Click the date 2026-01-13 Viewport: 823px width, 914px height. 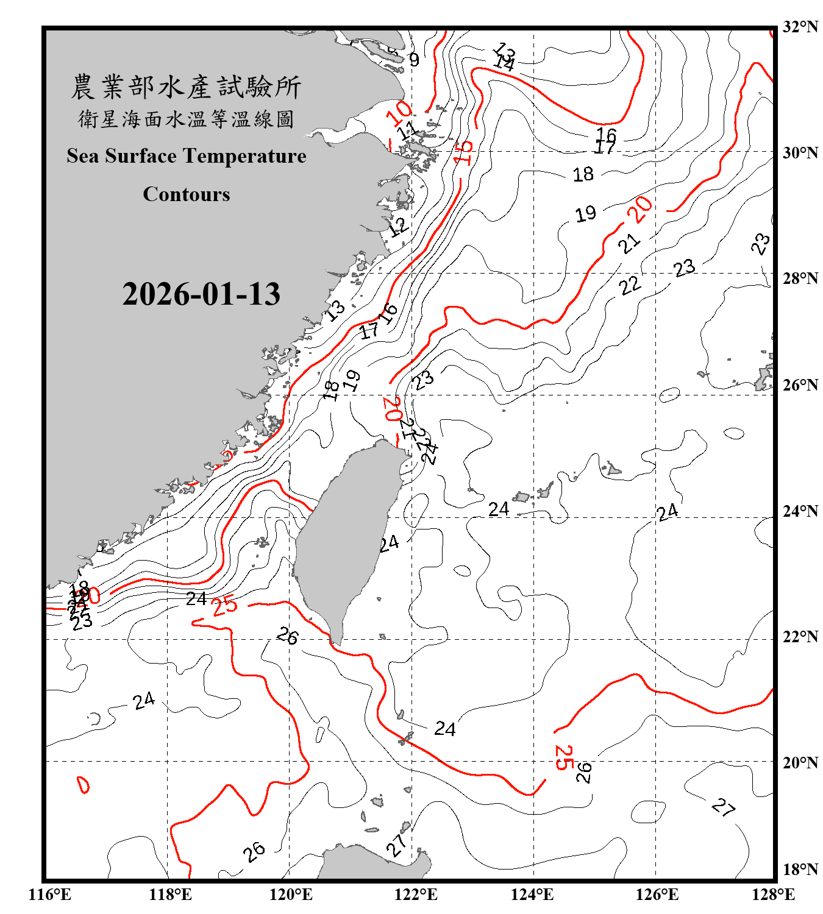[x=201, y=294]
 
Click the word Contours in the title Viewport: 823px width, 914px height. [x=187, y=194]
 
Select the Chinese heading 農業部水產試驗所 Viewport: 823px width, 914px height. [x=186, y=87]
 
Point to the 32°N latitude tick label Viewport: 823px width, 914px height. [x=800, y=27]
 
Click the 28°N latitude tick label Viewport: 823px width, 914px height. [x=800, y=278]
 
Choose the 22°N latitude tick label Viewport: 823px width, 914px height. [x=800, y=637]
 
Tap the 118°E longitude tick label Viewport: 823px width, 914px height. [x=170, y=895]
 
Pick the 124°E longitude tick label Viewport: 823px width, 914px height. [x=532, y=895]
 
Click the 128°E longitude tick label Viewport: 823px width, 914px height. [x=773, y=895]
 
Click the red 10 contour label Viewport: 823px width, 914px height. [x=399, y=112]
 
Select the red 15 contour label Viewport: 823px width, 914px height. [x=463, y=152]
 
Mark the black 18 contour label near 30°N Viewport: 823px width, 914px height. [x=583, y=174]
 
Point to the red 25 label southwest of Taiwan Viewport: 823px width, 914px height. [x=224, y=606]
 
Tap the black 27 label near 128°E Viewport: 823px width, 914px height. [x=724, y=807]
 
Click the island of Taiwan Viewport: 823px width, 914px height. [x=347, y=536]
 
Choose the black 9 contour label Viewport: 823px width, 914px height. [x=414, y=60]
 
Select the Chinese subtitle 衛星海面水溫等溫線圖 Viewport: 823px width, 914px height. [x=186, y=119]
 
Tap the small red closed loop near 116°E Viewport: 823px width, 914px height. [x=83, y=784]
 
